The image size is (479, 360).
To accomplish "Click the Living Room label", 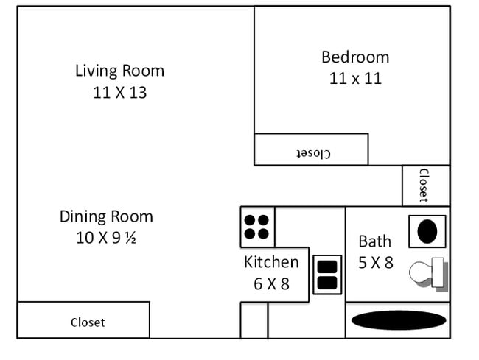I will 119,71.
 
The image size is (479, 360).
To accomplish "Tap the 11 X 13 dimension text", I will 119,93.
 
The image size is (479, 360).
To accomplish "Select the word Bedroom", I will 354,57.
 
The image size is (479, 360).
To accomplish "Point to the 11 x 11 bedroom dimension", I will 354,78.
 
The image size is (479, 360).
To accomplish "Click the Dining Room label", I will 106,216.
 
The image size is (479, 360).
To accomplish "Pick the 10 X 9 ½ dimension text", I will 106,238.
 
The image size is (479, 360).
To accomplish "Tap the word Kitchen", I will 271,262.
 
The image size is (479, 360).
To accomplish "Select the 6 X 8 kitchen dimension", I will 271,283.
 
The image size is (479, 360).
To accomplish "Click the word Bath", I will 374,241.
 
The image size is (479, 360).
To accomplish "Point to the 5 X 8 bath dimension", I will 375,262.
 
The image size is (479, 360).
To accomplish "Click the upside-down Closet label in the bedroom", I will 313,153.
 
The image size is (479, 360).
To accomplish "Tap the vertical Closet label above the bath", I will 424,185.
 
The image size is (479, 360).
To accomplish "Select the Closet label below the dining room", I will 88,322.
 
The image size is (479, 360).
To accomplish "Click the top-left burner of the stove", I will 251,219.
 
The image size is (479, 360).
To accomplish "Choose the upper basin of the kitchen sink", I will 327,267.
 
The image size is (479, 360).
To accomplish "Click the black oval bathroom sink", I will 428,231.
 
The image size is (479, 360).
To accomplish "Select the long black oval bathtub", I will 398,320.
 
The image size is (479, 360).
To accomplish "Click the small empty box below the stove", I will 254,320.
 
